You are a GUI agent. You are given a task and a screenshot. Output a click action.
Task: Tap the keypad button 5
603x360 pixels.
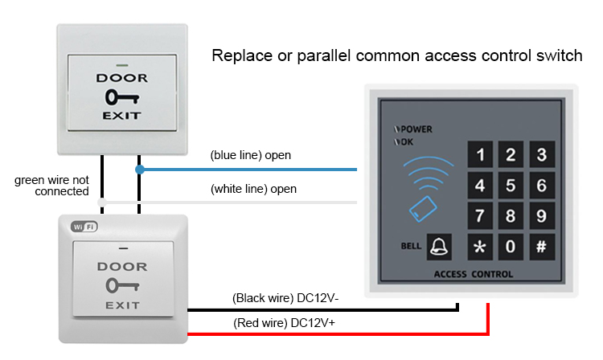coord(511,186)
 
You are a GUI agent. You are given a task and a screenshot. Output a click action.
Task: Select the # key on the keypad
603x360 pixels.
coord(541,246)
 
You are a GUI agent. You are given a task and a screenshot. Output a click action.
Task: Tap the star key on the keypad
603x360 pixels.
coord(481,246)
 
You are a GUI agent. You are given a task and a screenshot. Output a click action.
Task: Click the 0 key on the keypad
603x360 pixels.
coord(511,246)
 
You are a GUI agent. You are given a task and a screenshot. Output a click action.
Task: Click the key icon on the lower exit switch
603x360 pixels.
coord(121,285)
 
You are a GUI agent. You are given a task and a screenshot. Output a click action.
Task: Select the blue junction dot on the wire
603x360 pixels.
coord(140,170)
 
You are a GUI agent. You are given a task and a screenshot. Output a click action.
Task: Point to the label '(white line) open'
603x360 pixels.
coord(253,190)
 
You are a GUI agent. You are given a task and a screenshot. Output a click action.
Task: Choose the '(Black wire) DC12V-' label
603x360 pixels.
coord(285,298)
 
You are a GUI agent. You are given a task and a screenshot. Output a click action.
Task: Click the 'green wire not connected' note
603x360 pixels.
coord(51,186)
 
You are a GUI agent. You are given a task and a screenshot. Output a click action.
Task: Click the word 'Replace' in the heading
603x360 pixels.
coord(235,56)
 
